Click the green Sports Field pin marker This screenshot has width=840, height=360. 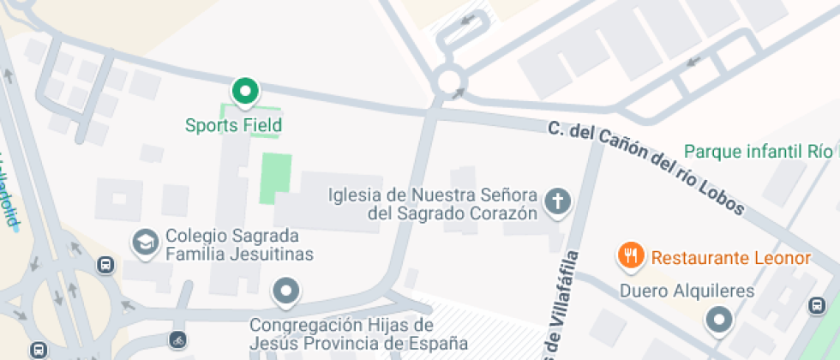point(246,91)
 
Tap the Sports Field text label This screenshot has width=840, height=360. point(233,125)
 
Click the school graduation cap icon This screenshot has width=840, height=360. point(145,243)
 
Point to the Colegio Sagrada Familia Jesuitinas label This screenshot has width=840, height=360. point(232,245)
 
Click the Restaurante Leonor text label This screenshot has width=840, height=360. point(730,258)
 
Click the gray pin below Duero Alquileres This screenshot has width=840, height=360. point(718,321)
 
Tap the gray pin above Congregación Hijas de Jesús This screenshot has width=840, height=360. point(285,291)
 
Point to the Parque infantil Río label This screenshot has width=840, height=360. point(758,152)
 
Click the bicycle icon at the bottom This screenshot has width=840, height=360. point(177,339)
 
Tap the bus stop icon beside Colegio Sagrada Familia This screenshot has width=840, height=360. point(105,265)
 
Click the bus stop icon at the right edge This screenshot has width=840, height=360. point(818,304)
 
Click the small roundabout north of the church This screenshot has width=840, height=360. point(450,82)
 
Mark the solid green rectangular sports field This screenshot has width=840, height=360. point(275,178)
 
